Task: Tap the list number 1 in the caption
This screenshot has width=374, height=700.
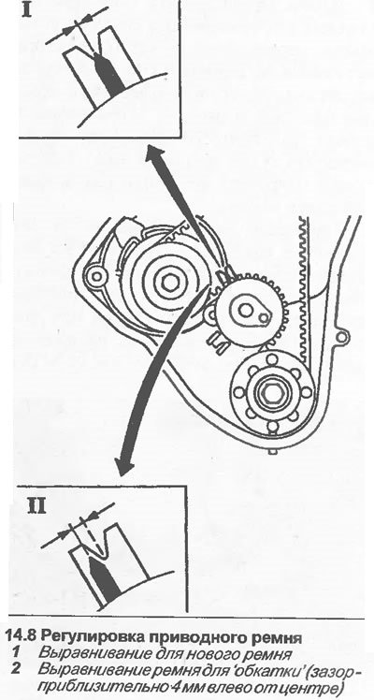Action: pyautogui.click(x=15, y=653)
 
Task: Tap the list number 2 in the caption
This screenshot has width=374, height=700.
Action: pyautogui.click(x=16, y=669)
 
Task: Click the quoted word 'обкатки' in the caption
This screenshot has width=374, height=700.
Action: pyautogui.click(x=260, y=669)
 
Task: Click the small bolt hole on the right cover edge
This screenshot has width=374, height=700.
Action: pyautogui.click(x=341, y=333)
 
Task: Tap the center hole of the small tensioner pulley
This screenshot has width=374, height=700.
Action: pyautogui.click(x=243, y=309)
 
